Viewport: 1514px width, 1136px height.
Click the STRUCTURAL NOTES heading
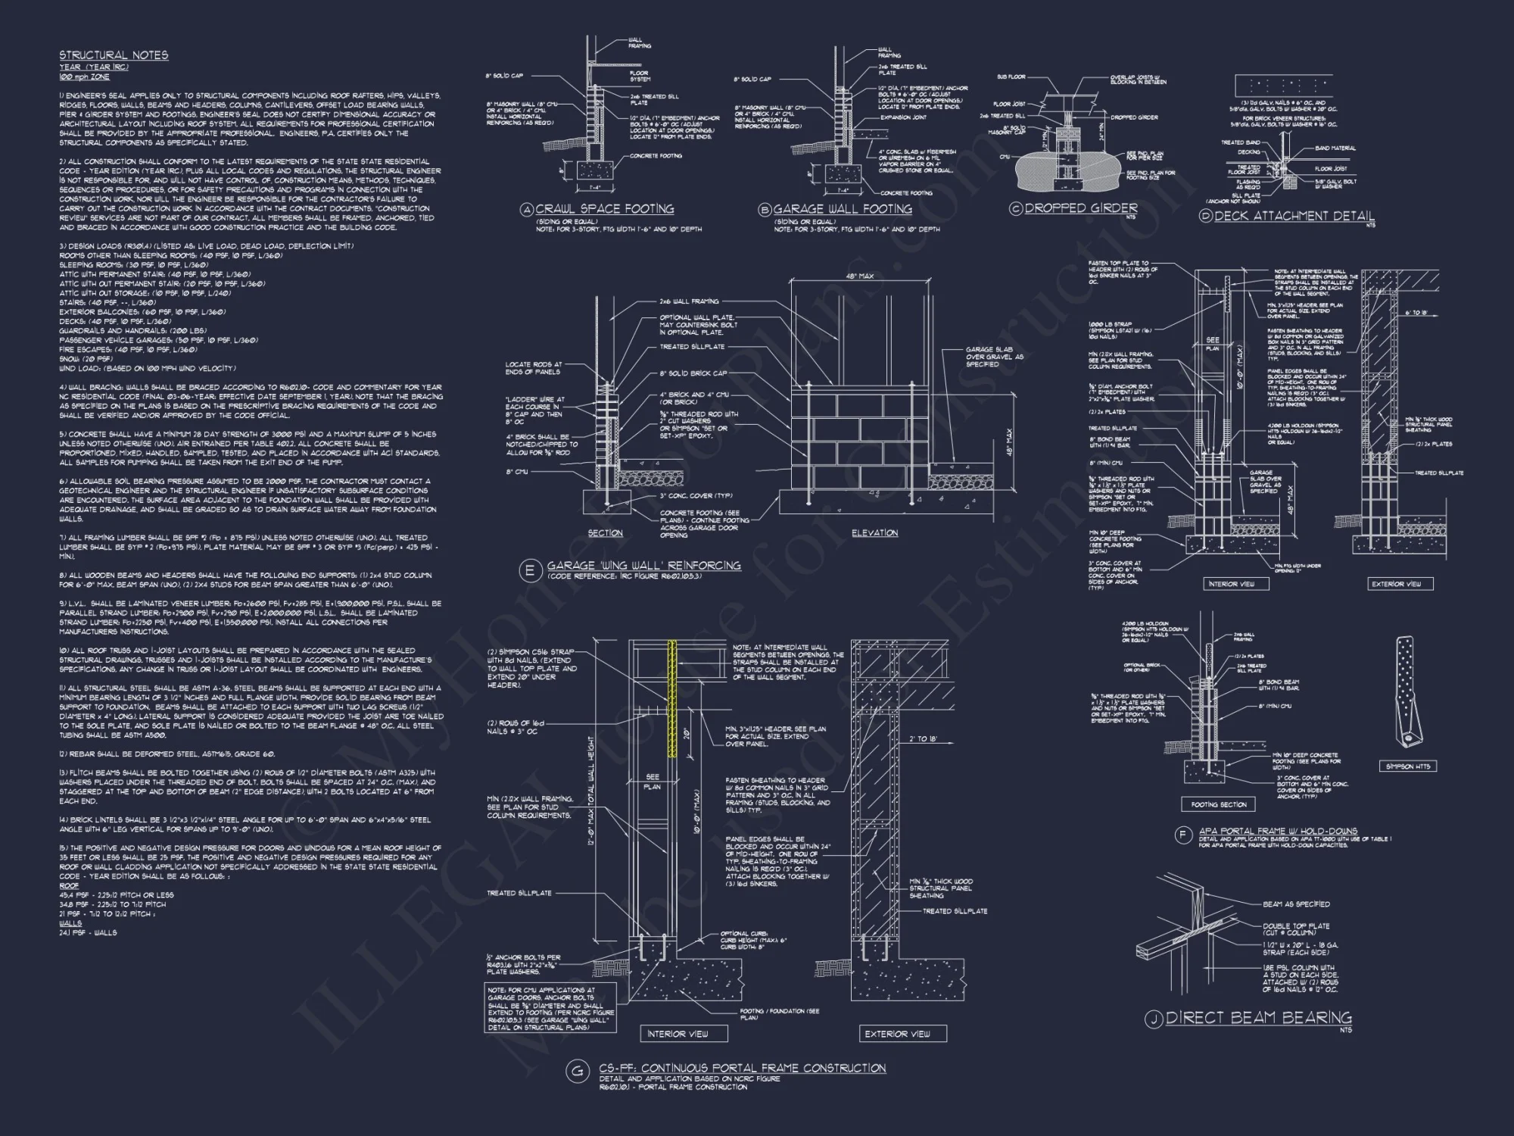(x=114, y=55)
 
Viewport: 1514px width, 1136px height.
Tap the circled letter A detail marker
(x=527, y=210)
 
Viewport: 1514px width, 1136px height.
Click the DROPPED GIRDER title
(x=1081, y=208)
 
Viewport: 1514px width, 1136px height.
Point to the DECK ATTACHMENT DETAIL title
(x=1294, y=216)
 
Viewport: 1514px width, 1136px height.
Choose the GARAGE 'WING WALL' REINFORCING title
(x=643, y=566)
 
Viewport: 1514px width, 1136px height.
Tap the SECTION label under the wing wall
(x=606, y=533)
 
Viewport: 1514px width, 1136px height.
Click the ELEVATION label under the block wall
(x=874, y=533)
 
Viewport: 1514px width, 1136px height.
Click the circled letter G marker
(x=578, y=1071)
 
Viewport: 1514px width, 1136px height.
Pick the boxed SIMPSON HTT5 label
(x=1408, y=766)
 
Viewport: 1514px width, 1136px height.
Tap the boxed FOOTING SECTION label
(x=1218, y=804)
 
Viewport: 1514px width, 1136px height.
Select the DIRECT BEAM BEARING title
(x=1258, y=1018)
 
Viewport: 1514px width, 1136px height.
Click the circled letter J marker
(x=1153, y=1019)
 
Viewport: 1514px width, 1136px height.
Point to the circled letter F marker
(x=1182, y=835)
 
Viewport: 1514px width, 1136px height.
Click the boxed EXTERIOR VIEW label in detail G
(x=897, y=1034)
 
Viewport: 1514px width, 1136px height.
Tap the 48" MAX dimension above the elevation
(x=859, y=276)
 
